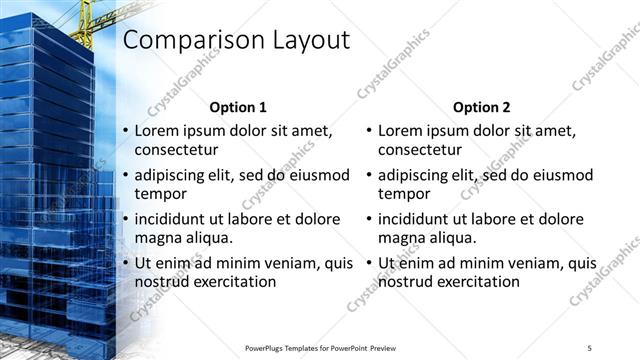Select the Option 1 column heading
tap(237, 106)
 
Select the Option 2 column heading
tap(481, 106)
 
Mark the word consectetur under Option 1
tap(177, 150)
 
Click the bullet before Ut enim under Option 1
tap(125, 262)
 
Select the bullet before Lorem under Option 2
tap(369, 130)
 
